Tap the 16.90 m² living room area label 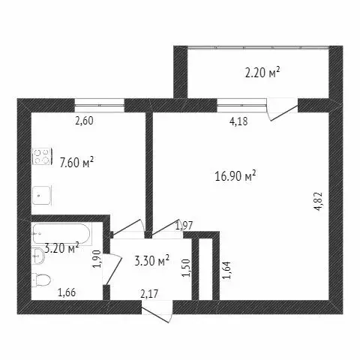point(235,177)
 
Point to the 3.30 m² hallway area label point(151,262)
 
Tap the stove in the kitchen point(40,158)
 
